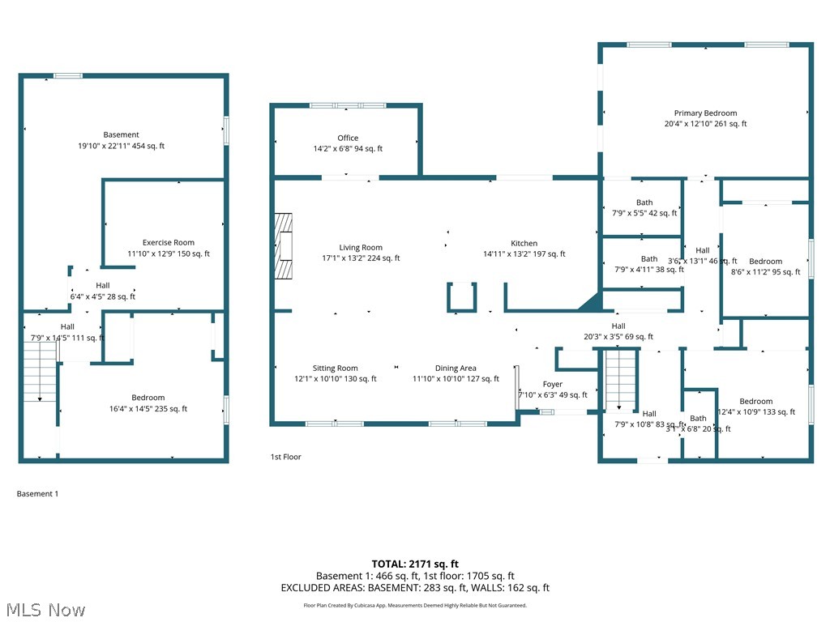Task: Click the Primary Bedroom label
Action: (x=705, y=113)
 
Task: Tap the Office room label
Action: (x=348, y=138)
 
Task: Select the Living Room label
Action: (x=361, y=248)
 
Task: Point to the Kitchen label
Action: (x=524, y=244)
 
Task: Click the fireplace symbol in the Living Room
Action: (x=283, y=246)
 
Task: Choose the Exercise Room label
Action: (x=169, y=243)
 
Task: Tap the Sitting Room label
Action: (x=336, y=369)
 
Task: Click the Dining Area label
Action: (x=456, y=369)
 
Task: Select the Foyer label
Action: (x=552, y=385)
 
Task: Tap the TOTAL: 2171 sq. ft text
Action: (x=415, y=564)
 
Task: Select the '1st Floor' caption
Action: (x=285, y=457)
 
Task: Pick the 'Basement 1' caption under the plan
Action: (x=38, y=493)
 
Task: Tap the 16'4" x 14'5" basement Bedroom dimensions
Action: (x=148, y=409)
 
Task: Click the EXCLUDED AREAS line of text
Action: (x=415, y=588)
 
